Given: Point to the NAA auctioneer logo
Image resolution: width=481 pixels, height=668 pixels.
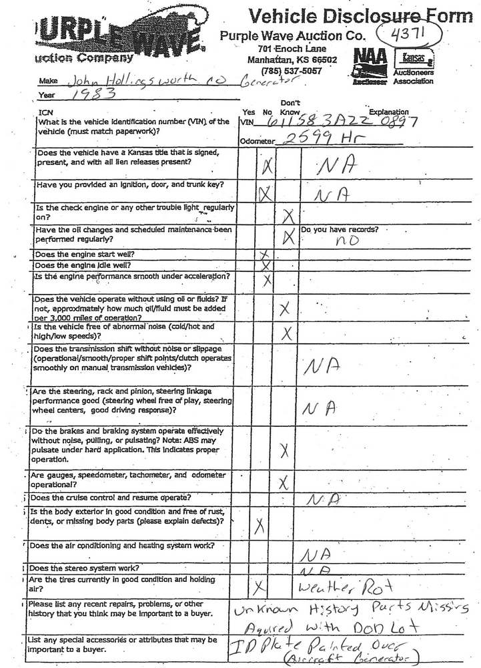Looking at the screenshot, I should coord(368,64).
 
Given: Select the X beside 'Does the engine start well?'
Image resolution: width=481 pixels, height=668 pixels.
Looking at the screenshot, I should coord(265,255).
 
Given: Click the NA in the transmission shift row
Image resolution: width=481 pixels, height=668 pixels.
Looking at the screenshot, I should coord(322,365).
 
